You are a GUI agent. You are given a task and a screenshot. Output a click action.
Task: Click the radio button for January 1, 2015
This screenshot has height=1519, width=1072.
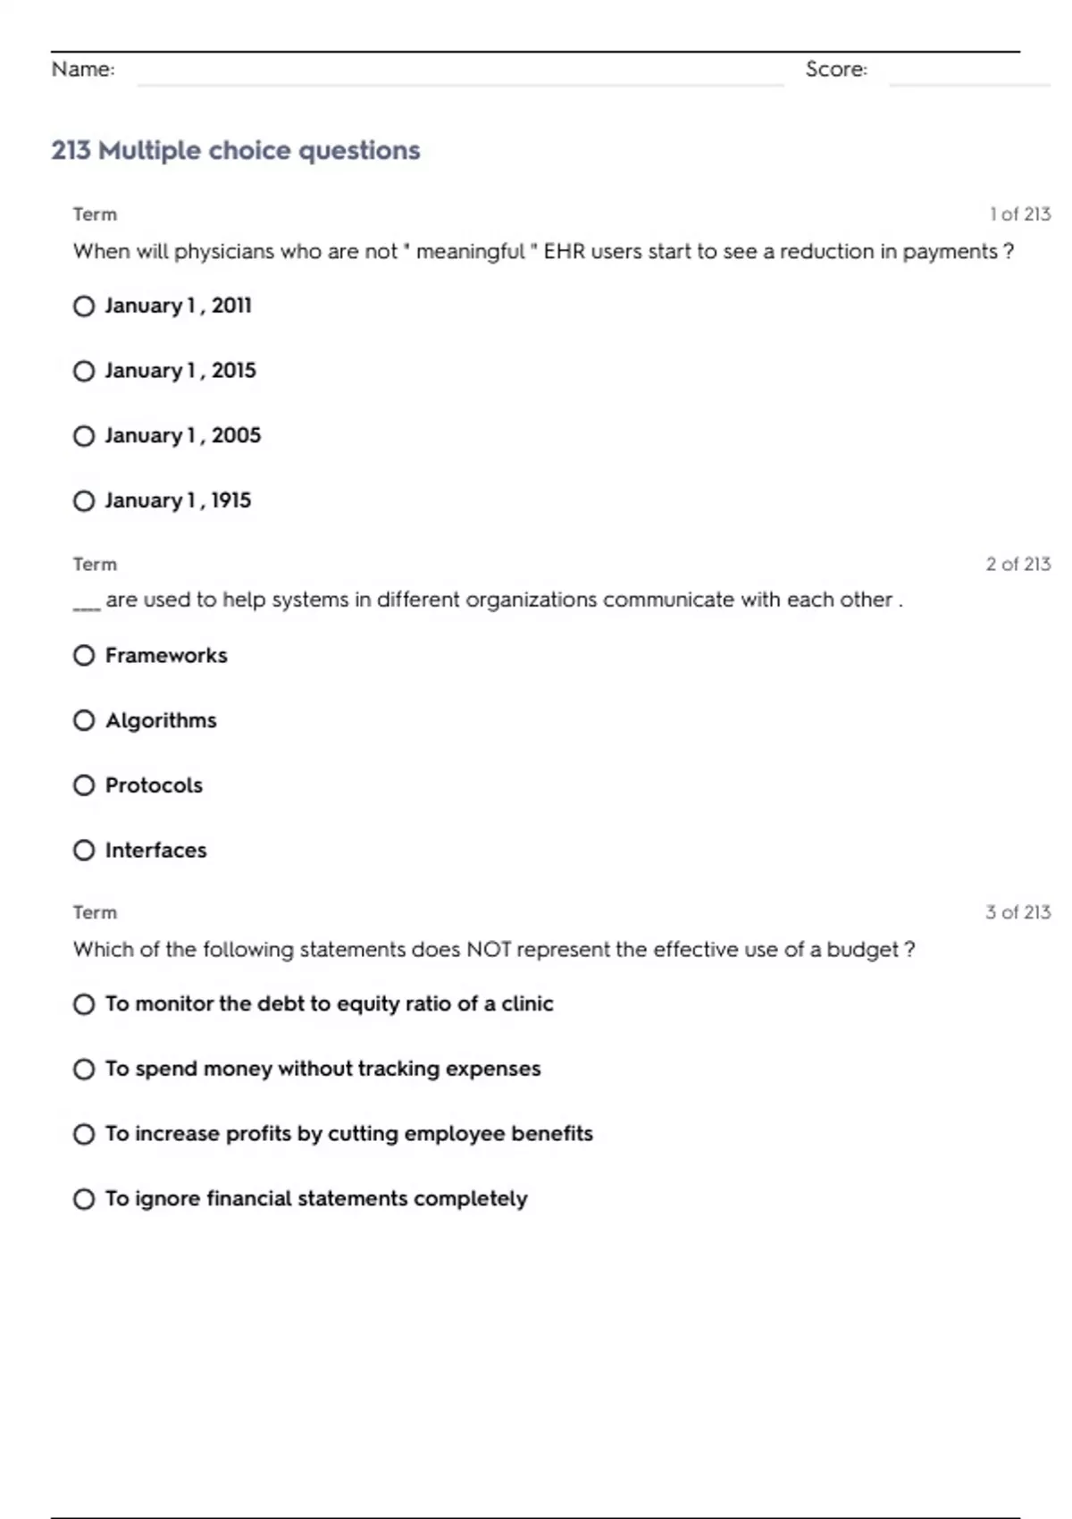(x=84, y=371)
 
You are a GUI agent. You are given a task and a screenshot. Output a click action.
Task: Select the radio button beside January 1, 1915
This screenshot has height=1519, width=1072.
(x=84, y=500)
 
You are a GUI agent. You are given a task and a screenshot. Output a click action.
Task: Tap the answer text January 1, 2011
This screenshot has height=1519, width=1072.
(x=178, y=306)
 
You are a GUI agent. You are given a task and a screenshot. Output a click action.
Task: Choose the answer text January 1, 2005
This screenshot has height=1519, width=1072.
(x=182, y=435)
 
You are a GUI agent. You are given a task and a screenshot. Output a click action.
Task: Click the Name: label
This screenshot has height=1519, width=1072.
(x=83, y=70)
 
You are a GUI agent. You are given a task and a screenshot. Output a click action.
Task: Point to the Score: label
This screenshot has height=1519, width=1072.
(x=836, y=70)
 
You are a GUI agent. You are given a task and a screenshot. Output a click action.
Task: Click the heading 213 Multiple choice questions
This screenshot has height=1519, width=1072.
(x=236, y=150)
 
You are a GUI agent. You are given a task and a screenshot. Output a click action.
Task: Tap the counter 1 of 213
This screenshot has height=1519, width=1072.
(x=1019, y=214)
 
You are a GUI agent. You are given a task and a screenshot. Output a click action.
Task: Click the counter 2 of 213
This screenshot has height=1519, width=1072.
(x=1018, y=564)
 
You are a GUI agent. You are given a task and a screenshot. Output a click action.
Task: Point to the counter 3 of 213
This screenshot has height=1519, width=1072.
(x=1018, y=912)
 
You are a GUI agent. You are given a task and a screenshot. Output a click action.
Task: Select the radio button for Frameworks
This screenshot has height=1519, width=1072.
(x=84, y=656)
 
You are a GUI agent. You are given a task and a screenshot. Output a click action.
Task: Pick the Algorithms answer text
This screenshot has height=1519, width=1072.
(x=161, y=720)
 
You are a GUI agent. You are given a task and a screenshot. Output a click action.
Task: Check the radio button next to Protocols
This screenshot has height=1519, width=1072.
(x=84, y=785)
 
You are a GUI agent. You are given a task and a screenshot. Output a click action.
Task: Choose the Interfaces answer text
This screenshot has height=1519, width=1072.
(x=155, y=850)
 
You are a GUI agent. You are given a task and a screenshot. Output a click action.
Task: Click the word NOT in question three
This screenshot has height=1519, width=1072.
(x=489, y=949)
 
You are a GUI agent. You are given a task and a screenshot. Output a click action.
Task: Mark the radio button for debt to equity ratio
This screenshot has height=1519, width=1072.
(x=84, y=1004)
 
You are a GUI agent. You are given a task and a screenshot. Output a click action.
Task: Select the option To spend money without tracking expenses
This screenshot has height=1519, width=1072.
(x=322, y=1069)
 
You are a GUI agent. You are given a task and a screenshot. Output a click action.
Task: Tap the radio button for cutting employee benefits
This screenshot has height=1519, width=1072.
(x=84, y=1134)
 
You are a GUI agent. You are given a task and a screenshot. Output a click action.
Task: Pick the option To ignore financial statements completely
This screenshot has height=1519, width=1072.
(x=316, y=1198)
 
